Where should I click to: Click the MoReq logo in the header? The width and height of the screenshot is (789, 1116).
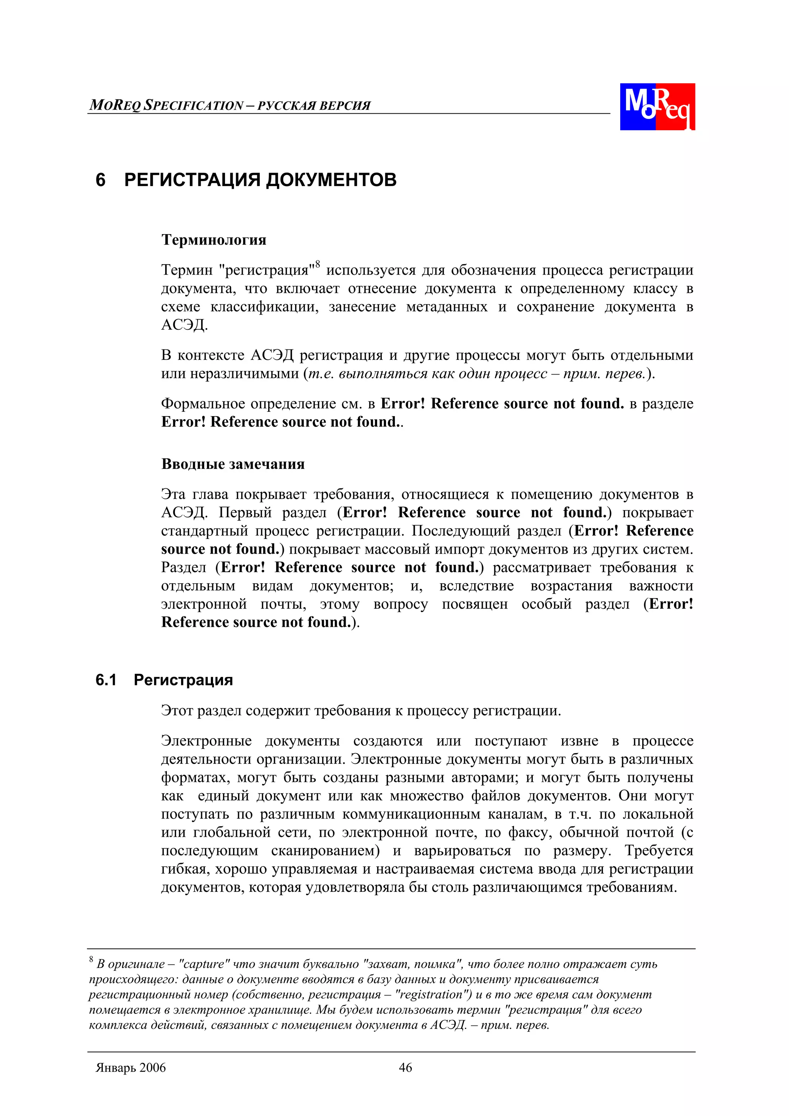pyautogui.click(x=657, y=106)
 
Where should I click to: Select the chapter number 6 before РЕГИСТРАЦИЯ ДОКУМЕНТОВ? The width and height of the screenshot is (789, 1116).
pyautogui.click(x=101, y=180)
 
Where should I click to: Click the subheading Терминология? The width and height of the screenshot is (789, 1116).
pyautogui.click(x=213, y=240)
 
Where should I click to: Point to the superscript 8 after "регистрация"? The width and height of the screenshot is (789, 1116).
pyautogui.click(x=317, y=264)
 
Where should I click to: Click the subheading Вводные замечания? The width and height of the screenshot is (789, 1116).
pyautogui.click(x=233, y=464)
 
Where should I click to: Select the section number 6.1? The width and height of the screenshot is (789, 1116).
pyautogui.click(x=106, y=680)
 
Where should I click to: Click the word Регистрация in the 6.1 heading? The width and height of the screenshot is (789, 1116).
pyautogui.click(x=183, y=680)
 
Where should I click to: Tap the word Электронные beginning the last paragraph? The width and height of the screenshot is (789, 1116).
pyautogui.click(x=206, y=741)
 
